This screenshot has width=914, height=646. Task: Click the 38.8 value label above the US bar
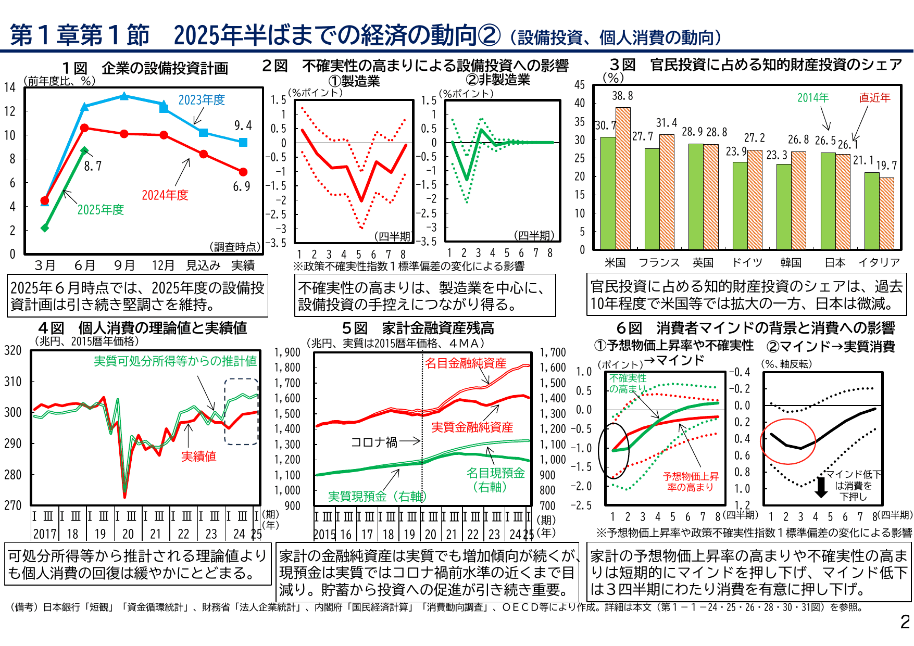point(622,96)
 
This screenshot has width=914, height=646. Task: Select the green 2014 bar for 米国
point(608,193)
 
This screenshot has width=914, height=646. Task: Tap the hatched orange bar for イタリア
point(886,213)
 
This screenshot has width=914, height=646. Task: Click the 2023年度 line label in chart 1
point(202,100)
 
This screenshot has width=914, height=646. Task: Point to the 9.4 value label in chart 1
point(243,125)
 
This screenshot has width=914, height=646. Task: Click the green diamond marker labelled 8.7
point(84,150)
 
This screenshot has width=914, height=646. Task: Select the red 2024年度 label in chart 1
point(165,195)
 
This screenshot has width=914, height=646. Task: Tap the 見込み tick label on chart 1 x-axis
point(203,265)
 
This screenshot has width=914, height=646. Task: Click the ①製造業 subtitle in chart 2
point(354,81)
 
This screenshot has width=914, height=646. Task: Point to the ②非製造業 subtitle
point(498,80)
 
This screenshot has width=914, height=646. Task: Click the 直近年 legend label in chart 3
point(874,98)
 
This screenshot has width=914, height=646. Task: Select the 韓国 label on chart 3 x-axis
point(791,263)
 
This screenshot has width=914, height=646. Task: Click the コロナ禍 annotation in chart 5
point(373,442)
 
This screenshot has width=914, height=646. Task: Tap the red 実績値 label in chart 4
point(198,457)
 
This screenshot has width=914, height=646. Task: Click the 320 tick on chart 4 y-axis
point(12,350)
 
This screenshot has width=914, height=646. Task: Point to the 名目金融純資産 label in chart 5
point(465,363)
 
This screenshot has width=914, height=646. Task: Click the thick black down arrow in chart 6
point(821,487)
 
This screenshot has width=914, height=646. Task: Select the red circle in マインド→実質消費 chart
point(788,441)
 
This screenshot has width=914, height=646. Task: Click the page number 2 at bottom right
point(905,622)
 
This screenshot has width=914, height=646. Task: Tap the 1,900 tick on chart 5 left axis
point(287,352)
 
